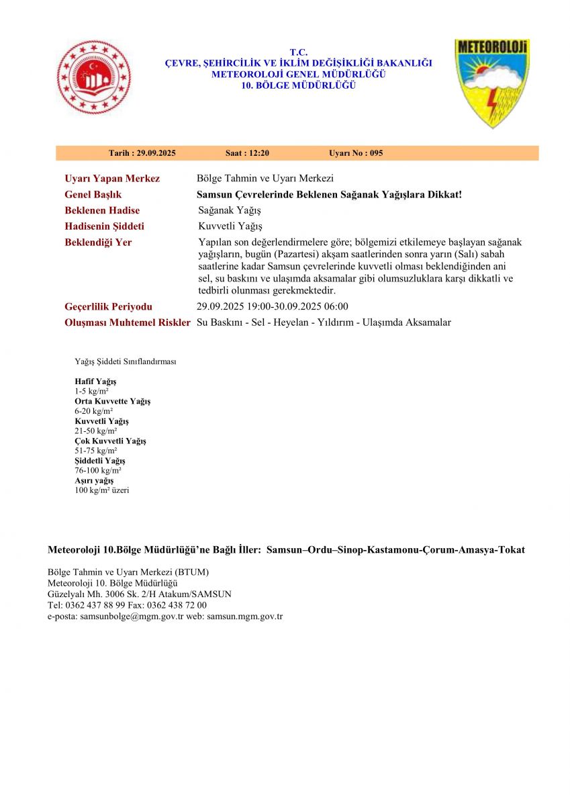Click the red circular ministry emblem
pyautogui.click(x=94, y=77)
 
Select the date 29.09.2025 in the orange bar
pyautogui.click(x=156, y=153)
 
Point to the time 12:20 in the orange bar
pyautogui.click(x=258, y=153)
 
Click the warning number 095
pyautogui.click(x=375, y=153)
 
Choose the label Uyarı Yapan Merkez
pyautogui.click(x=112, y=179)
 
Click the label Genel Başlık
pyautogui.click(x=93, y=195)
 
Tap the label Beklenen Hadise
pyautogui.click(x=102, y=211)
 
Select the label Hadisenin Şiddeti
pyautogui.click(x=104, y=226)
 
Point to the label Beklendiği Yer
pyautogui.click(x=98, y=242)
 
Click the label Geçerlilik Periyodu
pyautogui.click(x=108, y=307)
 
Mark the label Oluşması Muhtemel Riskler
pyautogui.click(x=128, y=323)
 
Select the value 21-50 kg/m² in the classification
pyautogui.click(x=95, y=431)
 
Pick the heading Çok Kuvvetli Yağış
pyautogui.click(x=110, y=441)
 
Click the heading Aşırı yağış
pyautogui.click(x=94, y=481)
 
